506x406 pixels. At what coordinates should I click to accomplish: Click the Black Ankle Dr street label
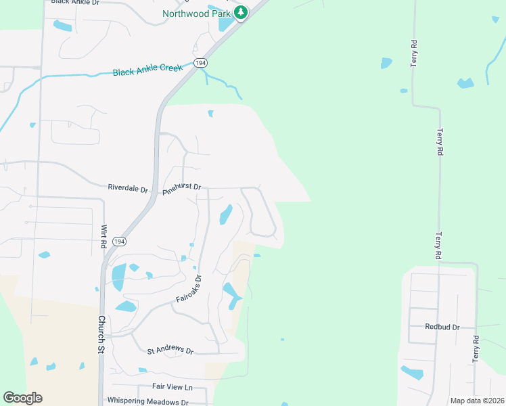pos(75,3)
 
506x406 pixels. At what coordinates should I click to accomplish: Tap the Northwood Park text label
pos(197,13)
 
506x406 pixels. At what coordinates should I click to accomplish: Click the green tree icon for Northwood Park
pos(241,12)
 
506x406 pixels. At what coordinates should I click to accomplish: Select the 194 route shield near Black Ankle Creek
pos(200,62)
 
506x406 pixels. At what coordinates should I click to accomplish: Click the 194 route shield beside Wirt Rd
pos(119,242)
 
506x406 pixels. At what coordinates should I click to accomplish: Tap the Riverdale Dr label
pos(127,188)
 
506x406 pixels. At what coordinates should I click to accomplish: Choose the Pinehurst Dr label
pos(182,188)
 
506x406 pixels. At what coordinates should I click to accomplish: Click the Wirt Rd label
pos(105,236)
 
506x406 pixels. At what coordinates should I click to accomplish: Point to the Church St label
pos(101,334)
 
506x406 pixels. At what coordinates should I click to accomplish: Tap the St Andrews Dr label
pos(170,351)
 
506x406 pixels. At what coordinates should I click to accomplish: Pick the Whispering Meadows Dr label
pos(147,401)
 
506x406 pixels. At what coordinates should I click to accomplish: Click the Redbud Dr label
pos(442,327)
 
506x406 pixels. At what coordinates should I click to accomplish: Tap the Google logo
pos(22,398)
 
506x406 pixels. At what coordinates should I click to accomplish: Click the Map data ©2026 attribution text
pos(476,401)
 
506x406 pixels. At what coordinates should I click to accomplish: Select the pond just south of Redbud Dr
pos(412,372)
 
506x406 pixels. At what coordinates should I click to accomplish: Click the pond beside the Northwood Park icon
pos(226,24)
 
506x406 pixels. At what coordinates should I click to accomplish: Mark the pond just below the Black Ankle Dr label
pos(62,26)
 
